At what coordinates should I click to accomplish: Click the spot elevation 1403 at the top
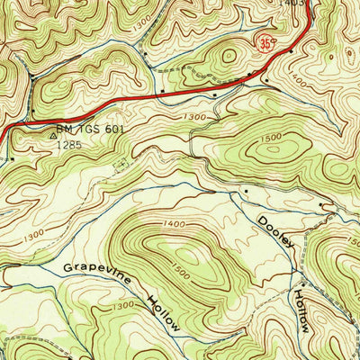coord(290,4)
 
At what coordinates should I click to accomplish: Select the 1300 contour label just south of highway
coord(197,118)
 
